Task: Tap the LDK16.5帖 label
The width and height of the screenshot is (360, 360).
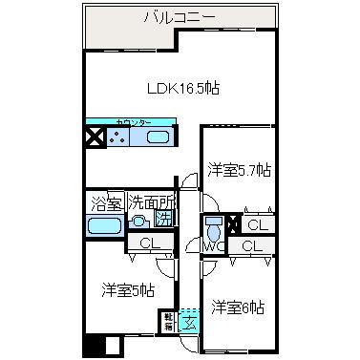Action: pyautogui.click(x=183, y=88)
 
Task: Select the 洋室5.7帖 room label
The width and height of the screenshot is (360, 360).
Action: pyautogui.click(x=239, y=170)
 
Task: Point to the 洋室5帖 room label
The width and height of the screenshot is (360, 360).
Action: pyautogui.click(x=127, y=289)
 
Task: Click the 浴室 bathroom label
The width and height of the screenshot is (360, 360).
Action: pyautogui.click(x=105, y=203)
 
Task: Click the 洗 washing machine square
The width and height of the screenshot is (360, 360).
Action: pyautogui.click(x=163, y=219)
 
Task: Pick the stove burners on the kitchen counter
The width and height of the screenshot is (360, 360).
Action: pyautogui.click(x=121, y=138)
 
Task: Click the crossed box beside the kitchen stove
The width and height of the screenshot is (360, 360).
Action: pyautogui.click(x=95, y=138)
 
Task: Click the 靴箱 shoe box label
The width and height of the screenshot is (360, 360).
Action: pyautogui.click(x=168, y=322)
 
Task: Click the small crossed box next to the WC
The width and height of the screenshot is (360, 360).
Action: pyautogui.click(x=232, y=225)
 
